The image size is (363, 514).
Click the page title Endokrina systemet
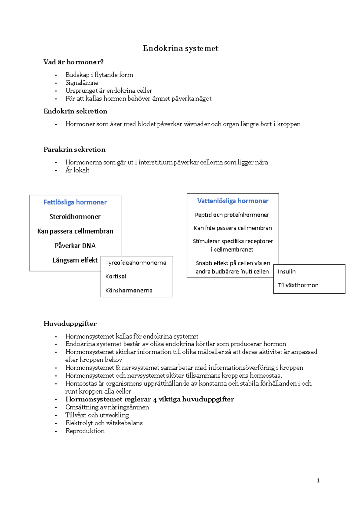pos(181,48)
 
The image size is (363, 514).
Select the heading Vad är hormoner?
pos(74,62)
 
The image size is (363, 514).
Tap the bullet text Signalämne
pos(82,83)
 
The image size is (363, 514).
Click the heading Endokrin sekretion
pos(75,111)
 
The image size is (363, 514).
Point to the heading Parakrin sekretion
pos(74,150)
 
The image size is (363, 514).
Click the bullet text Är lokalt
pos(77,170)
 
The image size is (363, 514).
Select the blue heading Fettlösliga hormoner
pos(75,202)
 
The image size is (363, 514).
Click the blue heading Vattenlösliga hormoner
pos(233,201)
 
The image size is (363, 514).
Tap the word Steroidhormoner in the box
pos(75,217)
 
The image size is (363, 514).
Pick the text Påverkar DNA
pos(75,246)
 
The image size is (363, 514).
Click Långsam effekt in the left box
pos(75,260)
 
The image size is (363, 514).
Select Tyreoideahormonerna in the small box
pos(136,263)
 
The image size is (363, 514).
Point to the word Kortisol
pos(116,276)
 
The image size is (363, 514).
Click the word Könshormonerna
pos(129,291)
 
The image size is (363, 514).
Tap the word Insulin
pos(286,272)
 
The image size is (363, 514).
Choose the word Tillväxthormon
pos(298,285)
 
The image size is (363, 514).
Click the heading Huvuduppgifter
pos(70,324)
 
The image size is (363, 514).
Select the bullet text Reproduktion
pos(85,431)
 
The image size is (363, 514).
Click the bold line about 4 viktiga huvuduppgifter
pos(150,399)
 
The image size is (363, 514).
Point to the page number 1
pos(318,480)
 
